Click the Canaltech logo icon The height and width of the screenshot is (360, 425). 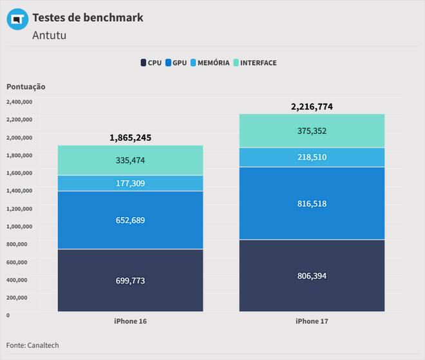pyautogui.click(x=17, y=19)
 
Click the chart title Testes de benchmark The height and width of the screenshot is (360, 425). pyautogui.click(x=88, y=17)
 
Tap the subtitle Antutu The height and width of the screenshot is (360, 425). pyautogui.click(x=49, y=35)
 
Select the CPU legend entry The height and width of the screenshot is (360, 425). pyautogui.click(x=151, y=62)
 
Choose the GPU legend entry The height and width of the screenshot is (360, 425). pyautogui.click(x=176, y=62)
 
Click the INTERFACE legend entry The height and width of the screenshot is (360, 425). pyautogui.click(x=254, y=62)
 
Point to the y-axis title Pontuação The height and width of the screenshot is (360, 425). pyautogui.click(x=26, y=86)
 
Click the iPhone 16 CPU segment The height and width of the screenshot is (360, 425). pyautogui.click(x=130, y=280)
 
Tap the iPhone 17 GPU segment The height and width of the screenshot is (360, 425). pyautogui.click(x=312, y=203)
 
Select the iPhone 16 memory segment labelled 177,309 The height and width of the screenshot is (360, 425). pyautogui.click(x=130, y=183)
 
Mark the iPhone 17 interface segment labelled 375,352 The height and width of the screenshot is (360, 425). pyautogui.click(x=312, y=131)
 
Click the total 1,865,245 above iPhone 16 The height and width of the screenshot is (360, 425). pyautogui.click(x=130, y=138)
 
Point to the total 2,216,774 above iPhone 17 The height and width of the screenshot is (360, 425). pyautogui.click(x=312, y=107)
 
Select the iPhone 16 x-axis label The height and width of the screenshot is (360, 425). pyautogui.click(x=130, y=321)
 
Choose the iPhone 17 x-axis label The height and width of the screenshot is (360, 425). pyautogui.click(x=312, y=321)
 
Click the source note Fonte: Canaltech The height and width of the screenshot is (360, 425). pyautogui.click(x=32, y=345)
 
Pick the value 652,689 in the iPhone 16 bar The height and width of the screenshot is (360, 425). pyautogui.click(x=130, y=220)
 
